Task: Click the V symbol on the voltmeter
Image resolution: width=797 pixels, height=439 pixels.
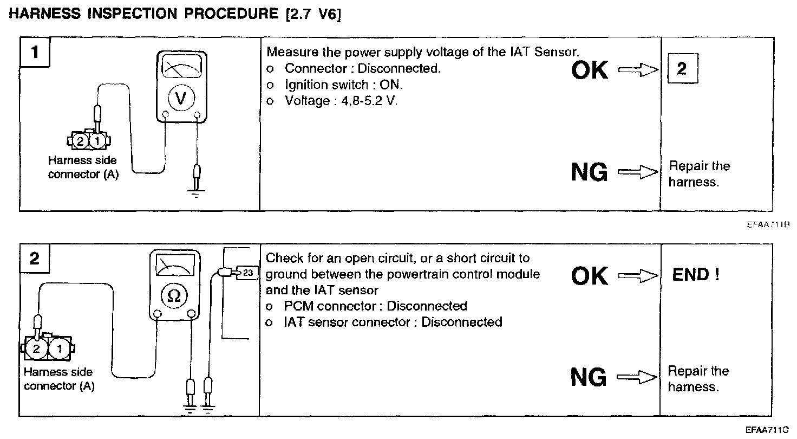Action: (x=181, y=98)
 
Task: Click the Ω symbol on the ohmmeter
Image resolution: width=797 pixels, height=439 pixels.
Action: (x=174, y=295)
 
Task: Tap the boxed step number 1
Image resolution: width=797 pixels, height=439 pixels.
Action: (x=35, y=53)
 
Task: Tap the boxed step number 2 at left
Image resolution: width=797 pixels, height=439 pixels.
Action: (x=35, y=259)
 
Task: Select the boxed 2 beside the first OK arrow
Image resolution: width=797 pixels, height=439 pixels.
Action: (x=682, y=69)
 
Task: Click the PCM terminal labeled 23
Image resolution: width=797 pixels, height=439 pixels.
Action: (x=248, y=272)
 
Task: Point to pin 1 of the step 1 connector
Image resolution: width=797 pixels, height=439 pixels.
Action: (x=97, y=141)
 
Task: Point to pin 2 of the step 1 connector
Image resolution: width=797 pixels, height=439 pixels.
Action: (x=80, y=141)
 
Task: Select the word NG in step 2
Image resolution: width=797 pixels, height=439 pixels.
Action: (x=589, y=377)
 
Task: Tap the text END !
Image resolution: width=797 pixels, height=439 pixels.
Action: (x=696, y=275)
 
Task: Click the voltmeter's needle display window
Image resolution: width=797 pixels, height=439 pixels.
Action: (x=181, y=68)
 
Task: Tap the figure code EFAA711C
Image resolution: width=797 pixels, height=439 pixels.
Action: (x=768, y=430)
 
